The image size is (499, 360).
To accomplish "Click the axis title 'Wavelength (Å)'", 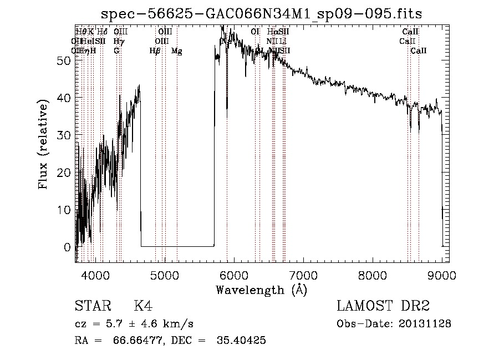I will pos(261,290).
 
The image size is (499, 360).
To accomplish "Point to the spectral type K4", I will pos(143,306).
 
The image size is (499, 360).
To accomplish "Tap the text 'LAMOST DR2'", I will pos(383,306).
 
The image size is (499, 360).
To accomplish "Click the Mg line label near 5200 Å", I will pos(177,51).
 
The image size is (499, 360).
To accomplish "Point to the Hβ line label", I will pos(155,51).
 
